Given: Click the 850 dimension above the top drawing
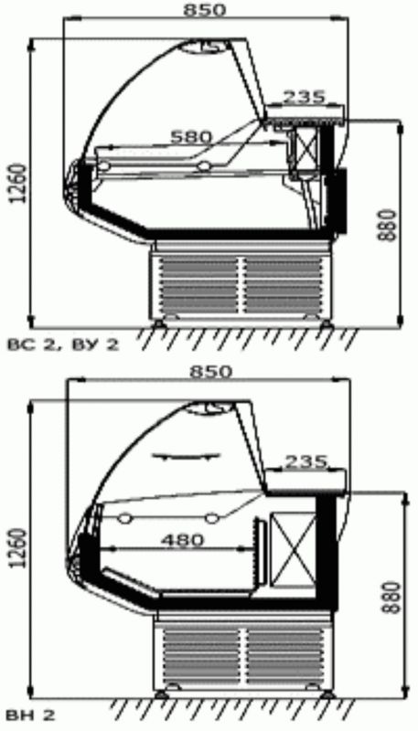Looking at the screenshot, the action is point(204,10).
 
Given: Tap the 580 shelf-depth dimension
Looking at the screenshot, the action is point(191,136).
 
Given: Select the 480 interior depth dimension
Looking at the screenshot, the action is point(182,540).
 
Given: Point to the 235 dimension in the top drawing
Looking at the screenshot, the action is point(304,97).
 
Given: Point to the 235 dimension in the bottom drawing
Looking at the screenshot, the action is point(305,461).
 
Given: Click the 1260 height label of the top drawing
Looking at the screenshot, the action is point(16,183).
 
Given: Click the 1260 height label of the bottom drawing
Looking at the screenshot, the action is point(16,548).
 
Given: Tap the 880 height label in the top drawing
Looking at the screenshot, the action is point(387,225).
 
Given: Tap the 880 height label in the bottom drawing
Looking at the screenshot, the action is point(391,598).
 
